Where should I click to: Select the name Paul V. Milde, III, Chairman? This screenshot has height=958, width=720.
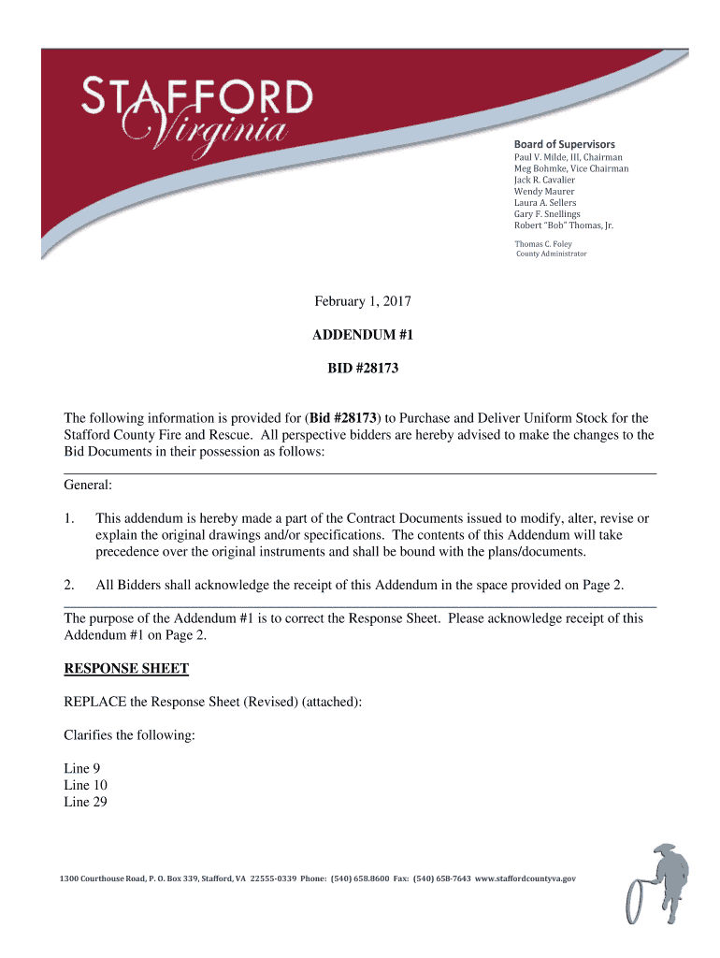pyautogui.click(x=568, y=157)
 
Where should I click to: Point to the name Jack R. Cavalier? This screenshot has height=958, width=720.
pyautogui.click(x=544, y=180)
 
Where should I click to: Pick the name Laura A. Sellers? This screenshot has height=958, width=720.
pyautogui.click(x=545, y=202)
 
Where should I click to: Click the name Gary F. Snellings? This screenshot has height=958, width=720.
pyautogui.click(x=547, y=214)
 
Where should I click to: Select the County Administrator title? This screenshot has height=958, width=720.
pyautogui.click(x=552, y=254)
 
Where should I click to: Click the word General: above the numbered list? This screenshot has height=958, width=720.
pyautogui.click(x=88, y=485)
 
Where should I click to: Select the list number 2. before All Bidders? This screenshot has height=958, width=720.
pyautogui.click(x=69, y=585)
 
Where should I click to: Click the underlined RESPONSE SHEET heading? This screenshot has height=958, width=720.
pyautogui.click(x=126, y=668)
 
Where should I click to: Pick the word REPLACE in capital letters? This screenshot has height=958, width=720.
pyautogui.click(x=94, y=702)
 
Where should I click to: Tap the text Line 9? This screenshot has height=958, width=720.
pyautogui.click(x=82, y=769)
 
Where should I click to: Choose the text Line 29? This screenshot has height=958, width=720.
pyautogui.click(x=85, y=802)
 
